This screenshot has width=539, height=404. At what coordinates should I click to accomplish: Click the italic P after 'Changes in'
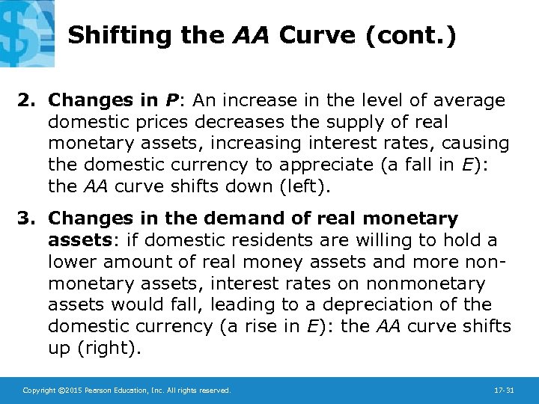pos(171,100)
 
